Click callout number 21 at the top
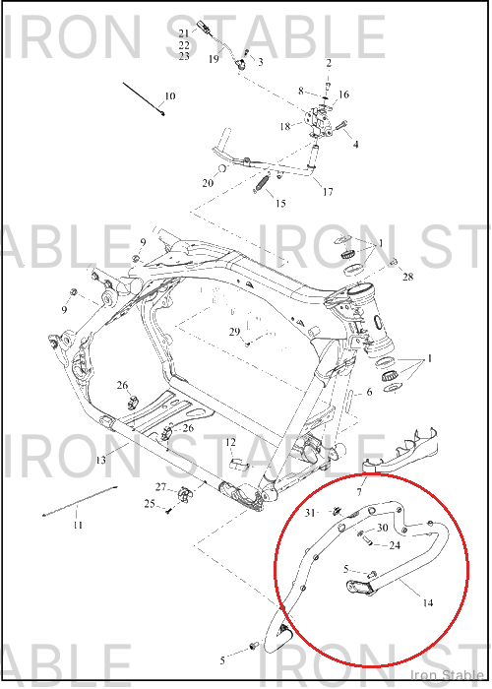pos(184,32)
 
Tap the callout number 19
pos(214,58)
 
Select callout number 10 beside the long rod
pos(169,95)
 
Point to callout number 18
pos(285,127)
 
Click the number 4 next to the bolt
pos(356,144)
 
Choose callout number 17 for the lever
pos(328,192)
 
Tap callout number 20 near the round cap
pos(208,183)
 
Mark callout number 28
pos(407,277)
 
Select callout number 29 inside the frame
pos(234,332)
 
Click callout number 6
pos(369,391)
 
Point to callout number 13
pos(100,460)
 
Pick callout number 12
pos(230,443)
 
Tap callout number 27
pos(160,487)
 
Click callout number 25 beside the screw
pos(150,504)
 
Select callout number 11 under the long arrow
pos(78,525)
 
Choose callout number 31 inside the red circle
pos(310,513)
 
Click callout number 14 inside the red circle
pos(427,602)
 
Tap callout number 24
pos(395,545)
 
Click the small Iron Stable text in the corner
pos(447,675)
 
